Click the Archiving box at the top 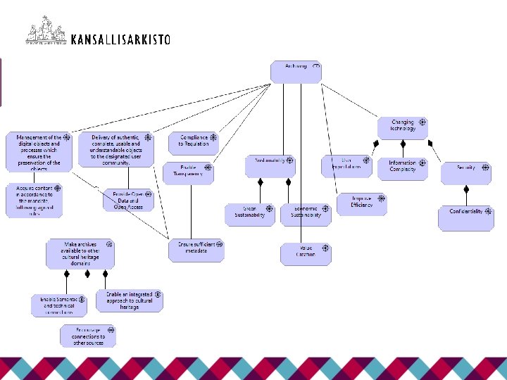point(296,72)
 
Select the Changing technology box point(403,127)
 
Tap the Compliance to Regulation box point(193,143)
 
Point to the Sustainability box point(269,165)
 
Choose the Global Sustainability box point(250,214)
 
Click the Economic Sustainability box point(306,214)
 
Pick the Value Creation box point(306,253)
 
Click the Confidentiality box point(466,217)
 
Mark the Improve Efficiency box point(361,204)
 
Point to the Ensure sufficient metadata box point(196,251)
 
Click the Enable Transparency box point(187,173)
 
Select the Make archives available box point(80,253)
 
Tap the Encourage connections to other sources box point(87,336)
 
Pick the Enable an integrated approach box point(130,301)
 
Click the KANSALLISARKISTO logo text point(120,40)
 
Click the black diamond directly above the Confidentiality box point(466,189)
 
